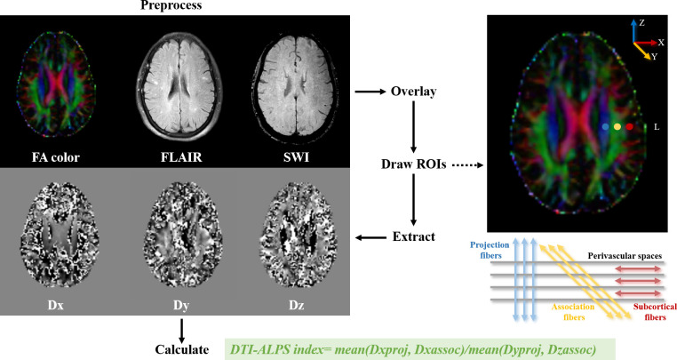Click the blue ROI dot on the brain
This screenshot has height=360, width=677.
coord(605,128)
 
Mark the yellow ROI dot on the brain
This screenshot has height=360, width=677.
coord(617,128)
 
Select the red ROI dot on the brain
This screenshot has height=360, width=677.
coord(630,128)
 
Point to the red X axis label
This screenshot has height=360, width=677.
coord(661,42)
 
